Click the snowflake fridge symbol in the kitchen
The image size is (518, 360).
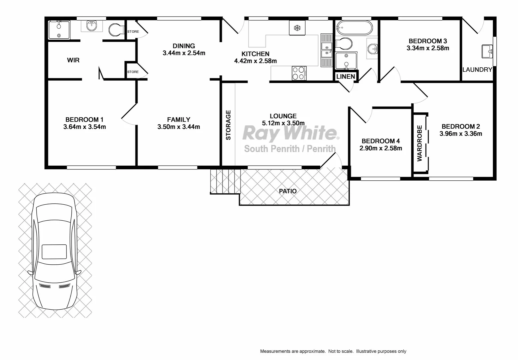pyautogui.click(x=297, y=28)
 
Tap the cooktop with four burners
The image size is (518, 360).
pyautogui.click(x=299, y=73)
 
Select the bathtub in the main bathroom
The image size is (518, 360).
pyautogui.click(x=354, y=28)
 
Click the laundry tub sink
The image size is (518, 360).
pyautogui.click(x=487, y=51)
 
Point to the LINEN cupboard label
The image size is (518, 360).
pyautogui.click(x=346, y=77)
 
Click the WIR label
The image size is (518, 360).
pyautogui.click(x=73, y=60)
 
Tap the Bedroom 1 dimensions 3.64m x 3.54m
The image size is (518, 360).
pyautogui.click(x=84, y=127)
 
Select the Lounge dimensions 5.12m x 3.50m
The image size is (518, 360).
pyautogui.click(x=283, y=123)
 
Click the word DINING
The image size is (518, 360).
pyautogui.click(x=184, y=46)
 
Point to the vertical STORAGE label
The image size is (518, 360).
pyautogui.click(x=228, y=125)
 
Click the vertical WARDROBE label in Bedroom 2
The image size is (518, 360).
pyautogui.click(x=420, y=143)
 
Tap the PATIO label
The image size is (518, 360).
pyautogui.click(x=288, y=191)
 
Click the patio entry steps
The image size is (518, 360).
pyautogui.click(x=225, y=181)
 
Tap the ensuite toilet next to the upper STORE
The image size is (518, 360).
pyautogui.click(x=115, y=30)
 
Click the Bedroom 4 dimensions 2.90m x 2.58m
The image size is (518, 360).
pyautogui.click(x=381, y=148)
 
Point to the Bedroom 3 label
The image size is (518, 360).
pyautogui.click(x=428, y=41)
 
